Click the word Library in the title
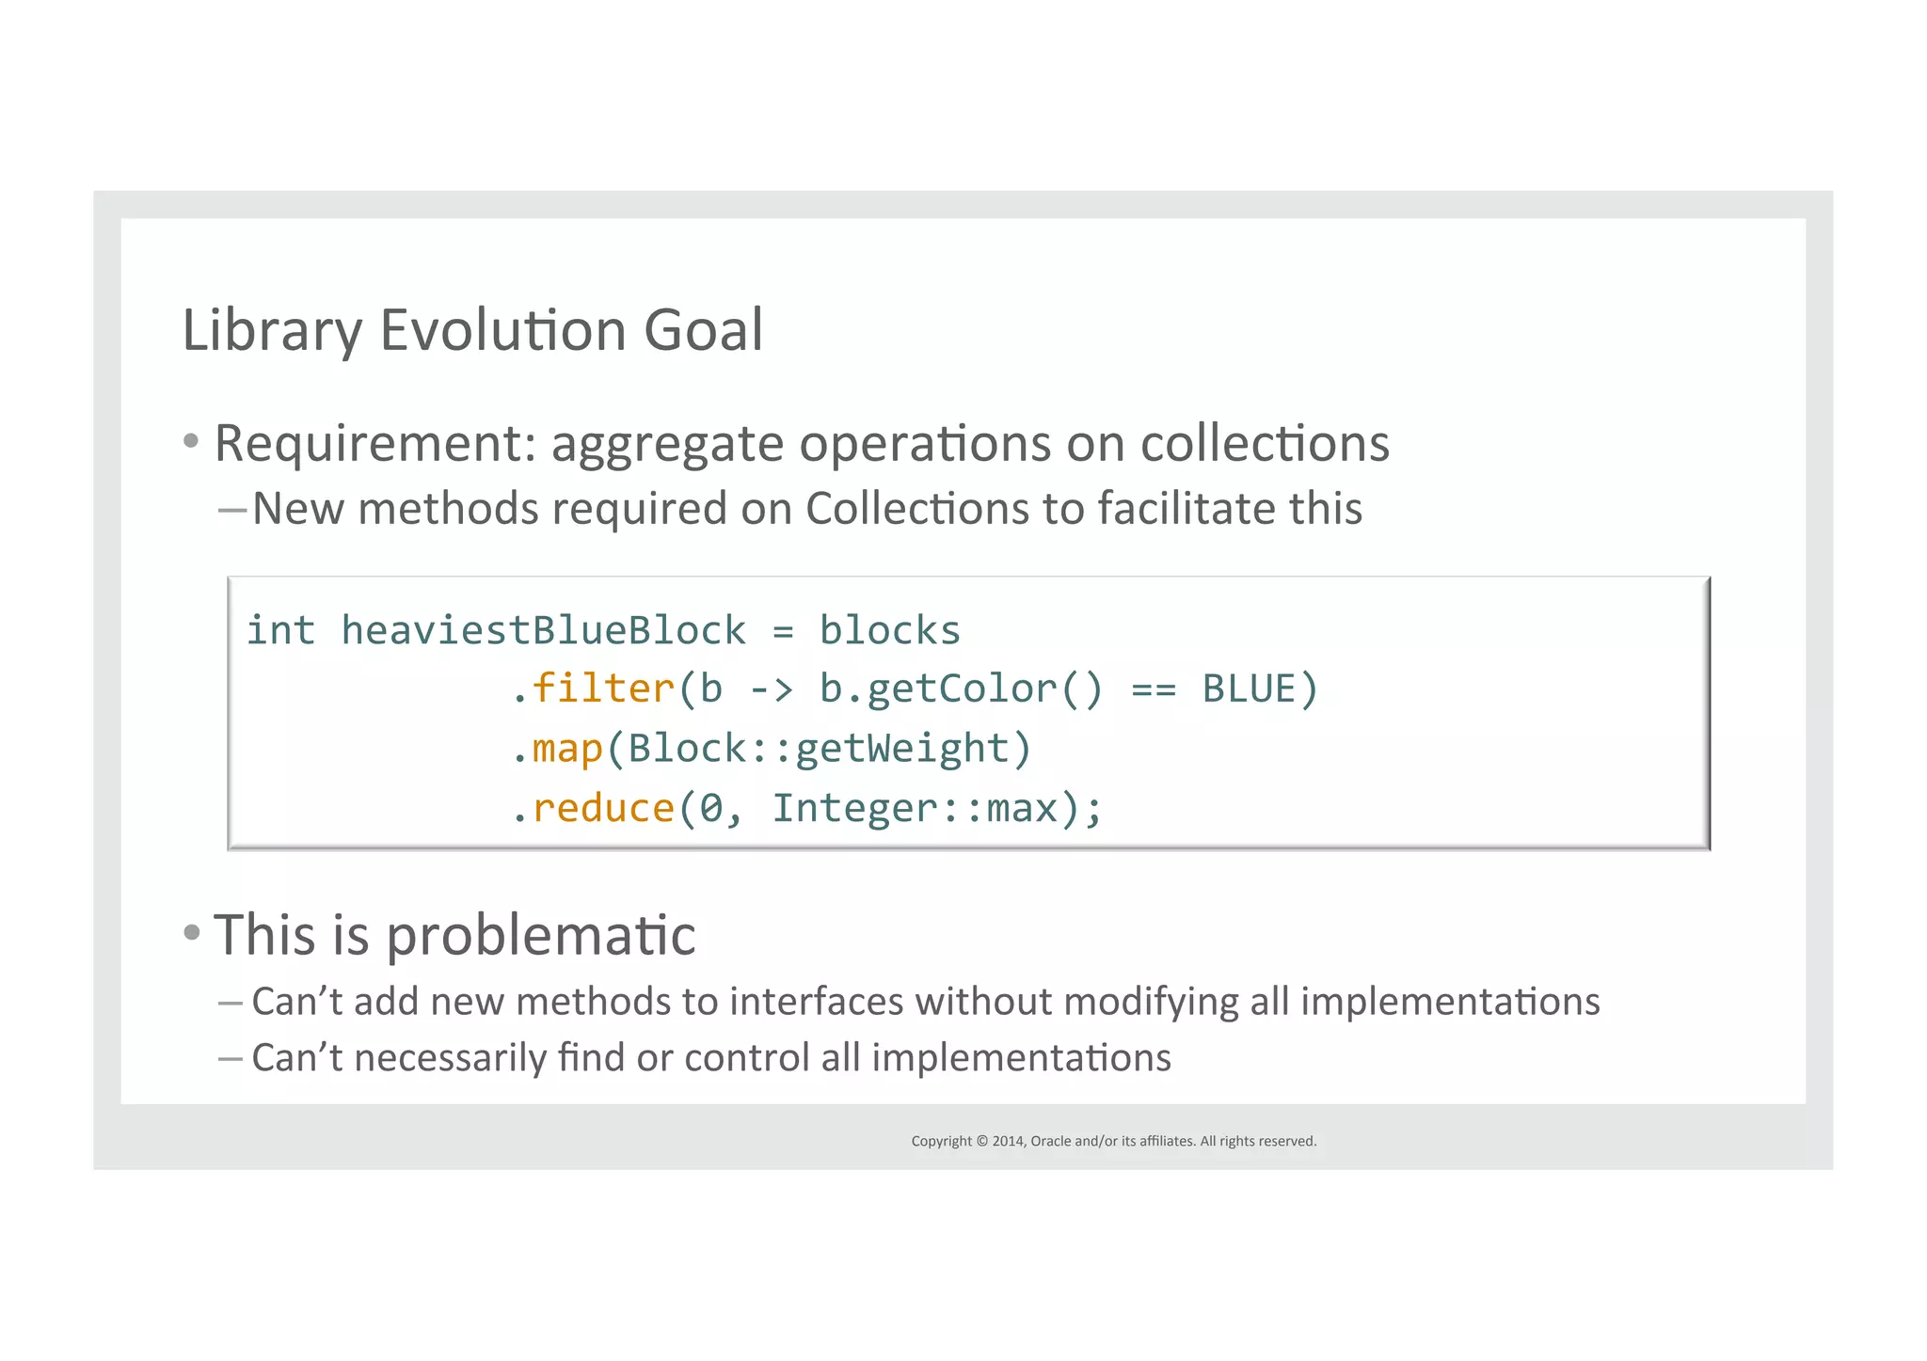click(272, 331)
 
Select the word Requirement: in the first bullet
click(374, 444)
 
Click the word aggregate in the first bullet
click(667, 444)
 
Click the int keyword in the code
click(280, 630)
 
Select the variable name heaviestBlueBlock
click(543, 630)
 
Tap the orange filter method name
click(603, 688)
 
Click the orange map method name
click(567, 749)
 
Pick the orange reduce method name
click(603, 808)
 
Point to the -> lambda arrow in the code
click(772, 689)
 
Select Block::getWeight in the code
click(818, 749)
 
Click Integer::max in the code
click(913, 808)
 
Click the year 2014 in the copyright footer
click(1008, 1141)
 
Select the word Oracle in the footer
click(1050, 1141)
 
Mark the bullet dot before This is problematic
click(192, 932)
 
